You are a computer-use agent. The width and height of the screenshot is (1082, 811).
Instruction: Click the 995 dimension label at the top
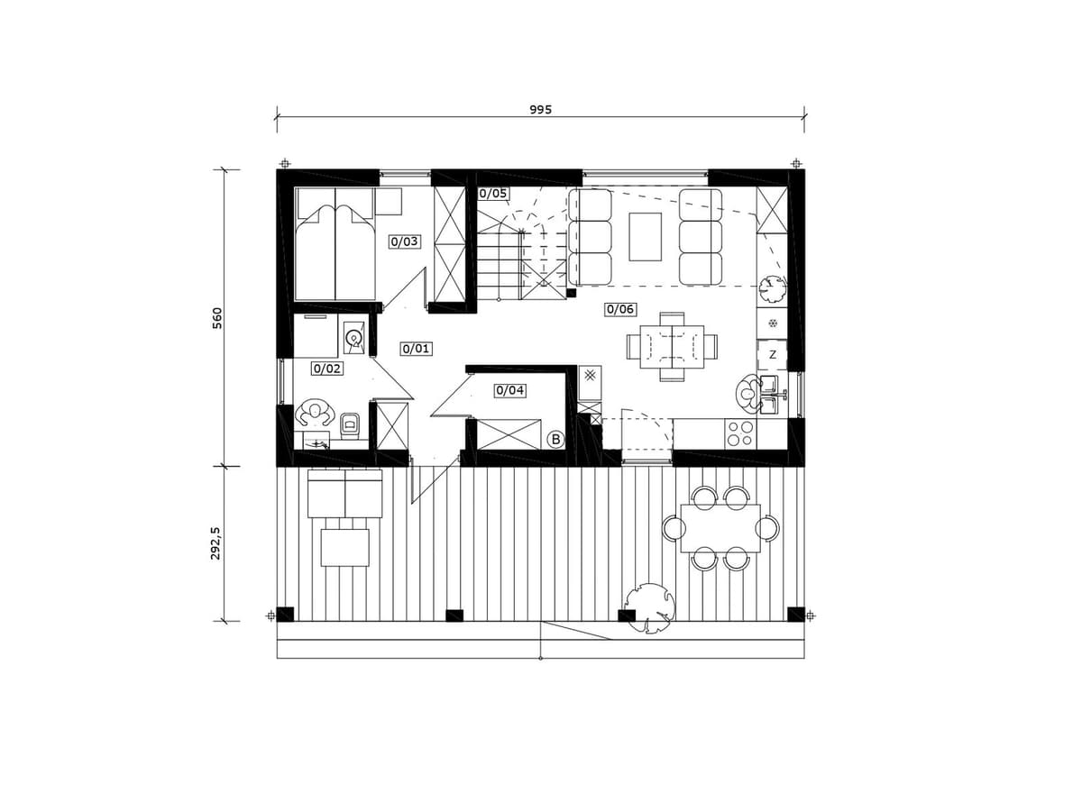(x=540, y=109)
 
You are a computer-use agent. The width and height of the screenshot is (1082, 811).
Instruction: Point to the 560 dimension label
(x=217, y=318)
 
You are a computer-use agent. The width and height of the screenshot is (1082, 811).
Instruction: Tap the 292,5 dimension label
(x=215, y=543)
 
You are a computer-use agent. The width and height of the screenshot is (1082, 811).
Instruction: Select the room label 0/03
(x=405, y=241)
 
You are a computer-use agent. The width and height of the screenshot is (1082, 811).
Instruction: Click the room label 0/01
(x=417, y=349)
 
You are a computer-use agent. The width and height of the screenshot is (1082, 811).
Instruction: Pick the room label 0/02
(x=327, y=369)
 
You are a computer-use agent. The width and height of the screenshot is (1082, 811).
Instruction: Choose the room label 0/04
(x=510, y=390)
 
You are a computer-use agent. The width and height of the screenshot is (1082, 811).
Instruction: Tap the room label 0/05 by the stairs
(x=493, y=193)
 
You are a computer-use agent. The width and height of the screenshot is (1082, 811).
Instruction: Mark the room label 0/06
(x=620, y=309)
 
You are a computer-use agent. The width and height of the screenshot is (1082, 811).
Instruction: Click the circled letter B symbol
(x=556, y=439)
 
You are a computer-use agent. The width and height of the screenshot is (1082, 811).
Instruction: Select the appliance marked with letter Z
(x=772, y=354)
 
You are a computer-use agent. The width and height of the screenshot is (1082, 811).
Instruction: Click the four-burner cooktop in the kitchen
(x=740, y=433)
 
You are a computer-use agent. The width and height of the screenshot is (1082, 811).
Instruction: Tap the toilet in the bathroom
(x=350, y=425)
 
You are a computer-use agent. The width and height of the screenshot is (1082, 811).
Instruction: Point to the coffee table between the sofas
(x=645, y=236)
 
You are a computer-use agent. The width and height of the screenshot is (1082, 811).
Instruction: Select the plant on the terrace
(x=649, y=607)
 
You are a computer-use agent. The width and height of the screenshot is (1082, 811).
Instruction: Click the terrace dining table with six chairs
(x=720, y=528)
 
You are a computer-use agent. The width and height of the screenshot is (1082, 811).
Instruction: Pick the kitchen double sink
(x=769, y=394)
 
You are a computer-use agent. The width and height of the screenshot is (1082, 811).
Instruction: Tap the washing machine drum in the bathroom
(x=353, y=338)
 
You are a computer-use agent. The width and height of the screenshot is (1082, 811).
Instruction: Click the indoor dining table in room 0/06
(x=672, y=347)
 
